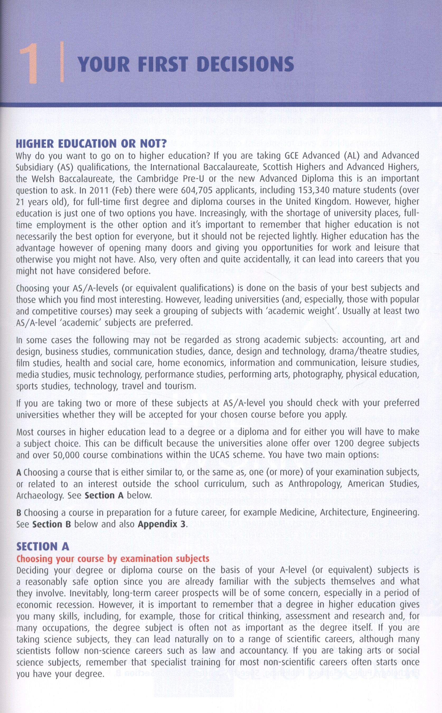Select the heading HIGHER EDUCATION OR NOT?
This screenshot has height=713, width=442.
[x=91, y=144]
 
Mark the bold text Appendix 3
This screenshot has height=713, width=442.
[x=162, y=524]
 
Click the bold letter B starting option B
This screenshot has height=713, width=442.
[x=19, y=512]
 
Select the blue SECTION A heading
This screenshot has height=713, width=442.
[x=43, y=546]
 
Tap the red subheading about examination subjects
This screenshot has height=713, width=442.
[x=113, y=558]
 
